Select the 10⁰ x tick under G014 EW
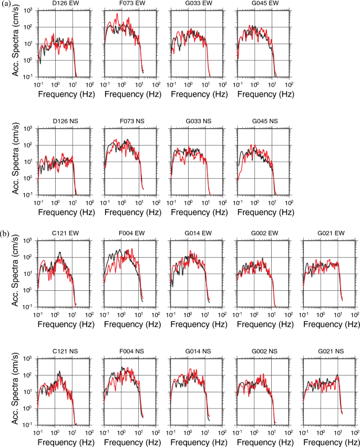pos(187,314)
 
